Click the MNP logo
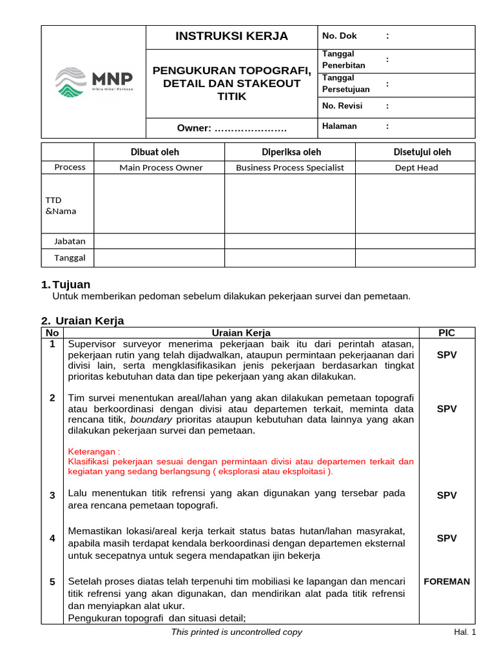94,82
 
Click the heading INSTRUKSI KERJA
232,36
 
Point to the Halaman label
339,126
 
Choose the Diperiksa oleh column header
289,152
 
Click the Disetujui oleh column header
422,152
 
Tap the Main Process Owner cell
160,168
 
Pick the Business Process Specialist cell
289,168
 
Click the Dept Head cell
416,168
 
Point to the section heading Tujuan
71,284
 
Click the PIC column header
447,333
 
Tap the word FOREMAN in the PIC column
447,581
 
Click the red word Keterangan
93,451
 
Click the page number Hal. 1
465,632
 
